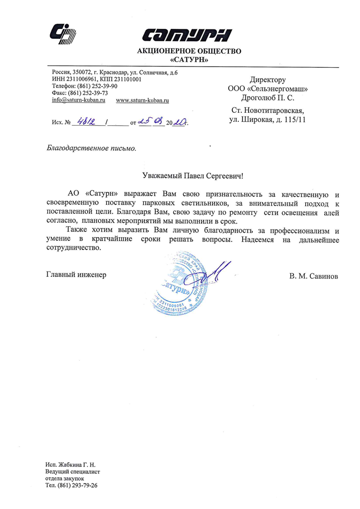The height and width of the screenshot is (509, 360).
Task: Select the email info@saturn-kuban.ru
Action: coord(79,100)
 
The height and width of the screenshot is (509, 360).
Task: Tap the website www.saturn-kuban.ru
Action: coord(142,100)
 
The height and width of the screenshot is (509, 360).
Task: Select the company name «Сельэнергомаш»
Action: coord(277,89)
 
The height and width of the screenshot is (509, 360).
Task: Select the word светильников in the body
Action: coord(202,204)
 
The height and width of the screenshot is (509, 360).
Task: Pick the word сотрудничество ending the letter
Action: coord(76,249)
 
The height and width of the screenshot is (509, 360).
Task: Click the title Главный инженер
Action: coord(76,274)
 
